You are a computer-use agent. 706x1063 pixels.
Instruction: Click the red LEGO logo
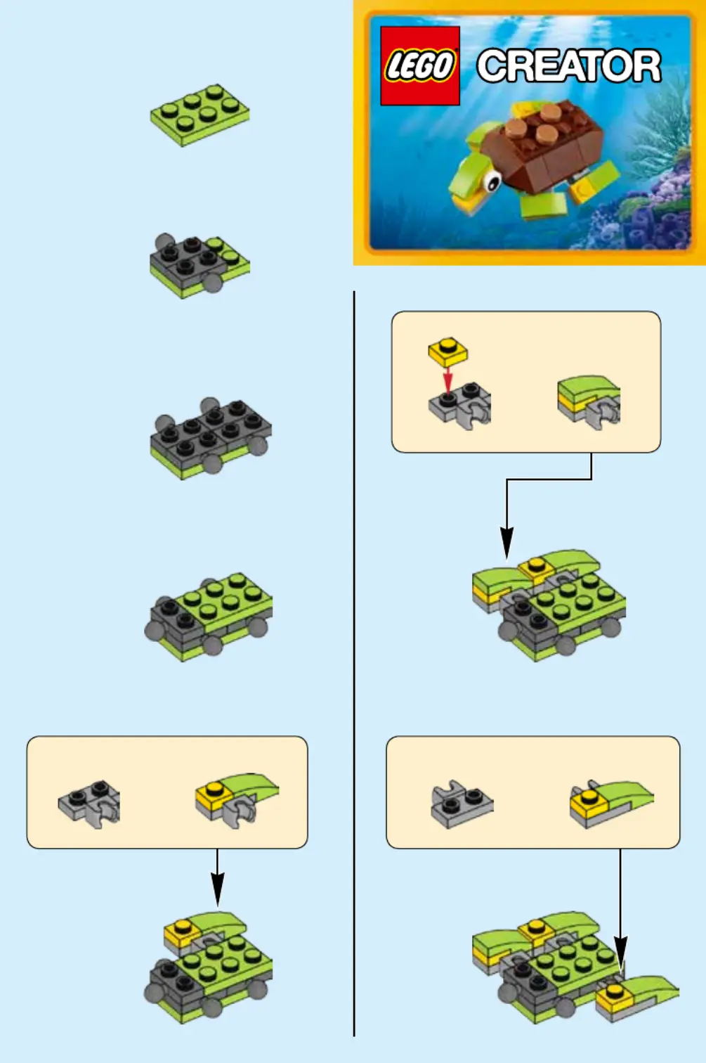[x=420, y=65]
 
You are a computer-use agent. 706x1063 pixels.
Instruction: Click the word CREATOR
[x=569, y=65]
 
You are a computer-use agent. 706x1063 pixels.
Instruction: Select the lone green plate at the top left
[x=200, y=115]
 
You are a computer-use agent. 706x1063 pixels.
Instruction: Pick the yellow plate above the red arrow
[x=447, y=352]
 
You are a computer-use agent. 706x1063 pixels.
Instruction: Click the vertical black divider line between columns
[x=354, y=664]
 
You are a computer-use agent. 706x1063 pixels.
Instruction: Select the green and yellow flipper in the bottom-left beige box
[x=237, y=799]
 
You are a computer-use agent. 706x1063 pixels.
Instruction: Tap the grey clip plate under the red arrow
[x=459, y=406]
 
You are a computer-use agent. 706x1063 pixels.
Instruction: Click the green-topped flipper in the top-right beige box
[x=589, y=401]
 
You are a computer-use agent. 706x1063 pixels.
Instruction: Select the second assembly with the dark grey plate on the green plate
[x=200, y=266]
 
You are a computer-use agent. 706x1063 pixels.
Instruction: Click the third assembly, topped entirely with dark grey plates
[x=211, y=439]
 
